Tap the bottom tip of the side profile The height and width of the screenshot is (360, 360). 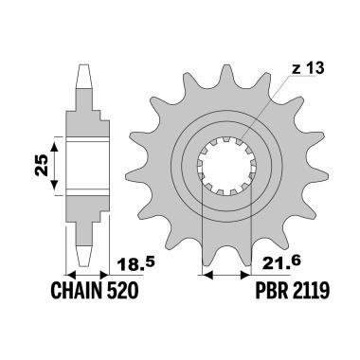coord(83,263)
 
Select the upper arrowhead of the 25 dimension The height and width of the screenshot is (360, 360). coord(56,140)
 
